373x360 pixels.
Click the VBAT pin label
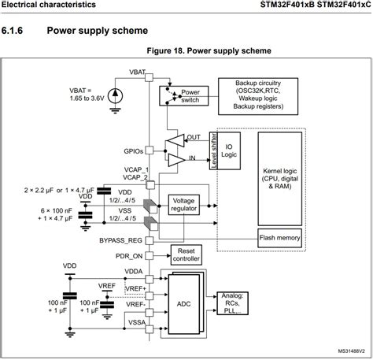click(x=138, y=72)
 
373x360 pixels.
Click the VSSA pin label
click(x=134, y=321)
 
